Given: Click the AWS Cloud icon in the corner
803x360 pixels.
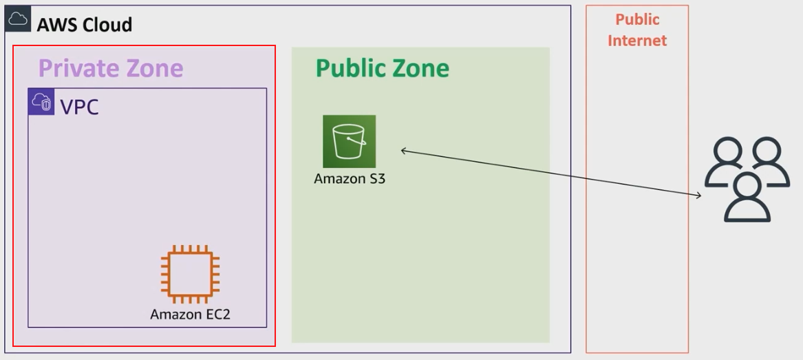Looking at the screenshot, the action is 18,19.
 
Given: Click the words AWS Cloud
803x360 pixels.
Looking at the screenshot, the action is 85,25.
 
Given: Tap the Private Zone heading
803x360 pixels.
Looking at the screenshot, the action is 111,68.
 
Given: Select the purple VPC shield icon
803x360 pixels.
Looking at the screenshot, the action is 41,101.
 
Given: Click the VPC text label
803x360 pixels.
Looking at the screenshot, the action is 79,107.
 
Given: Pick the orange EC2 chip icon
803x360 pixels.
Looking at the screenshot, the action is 190,274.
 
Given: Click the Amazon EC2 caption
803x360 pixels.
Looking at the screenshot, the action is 190,314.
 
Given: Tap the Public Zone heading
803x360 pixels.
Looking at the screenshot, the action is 382,68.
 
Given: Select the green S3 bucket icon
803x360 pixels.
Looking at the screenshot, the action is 350,141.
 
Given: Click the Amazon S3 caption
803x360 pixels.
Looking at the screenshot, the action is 350,179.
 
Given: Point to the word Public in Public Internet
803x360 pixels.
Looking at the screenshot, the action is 637,20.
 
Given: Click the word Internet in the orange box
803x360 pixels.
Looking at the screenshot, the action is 637,41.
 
